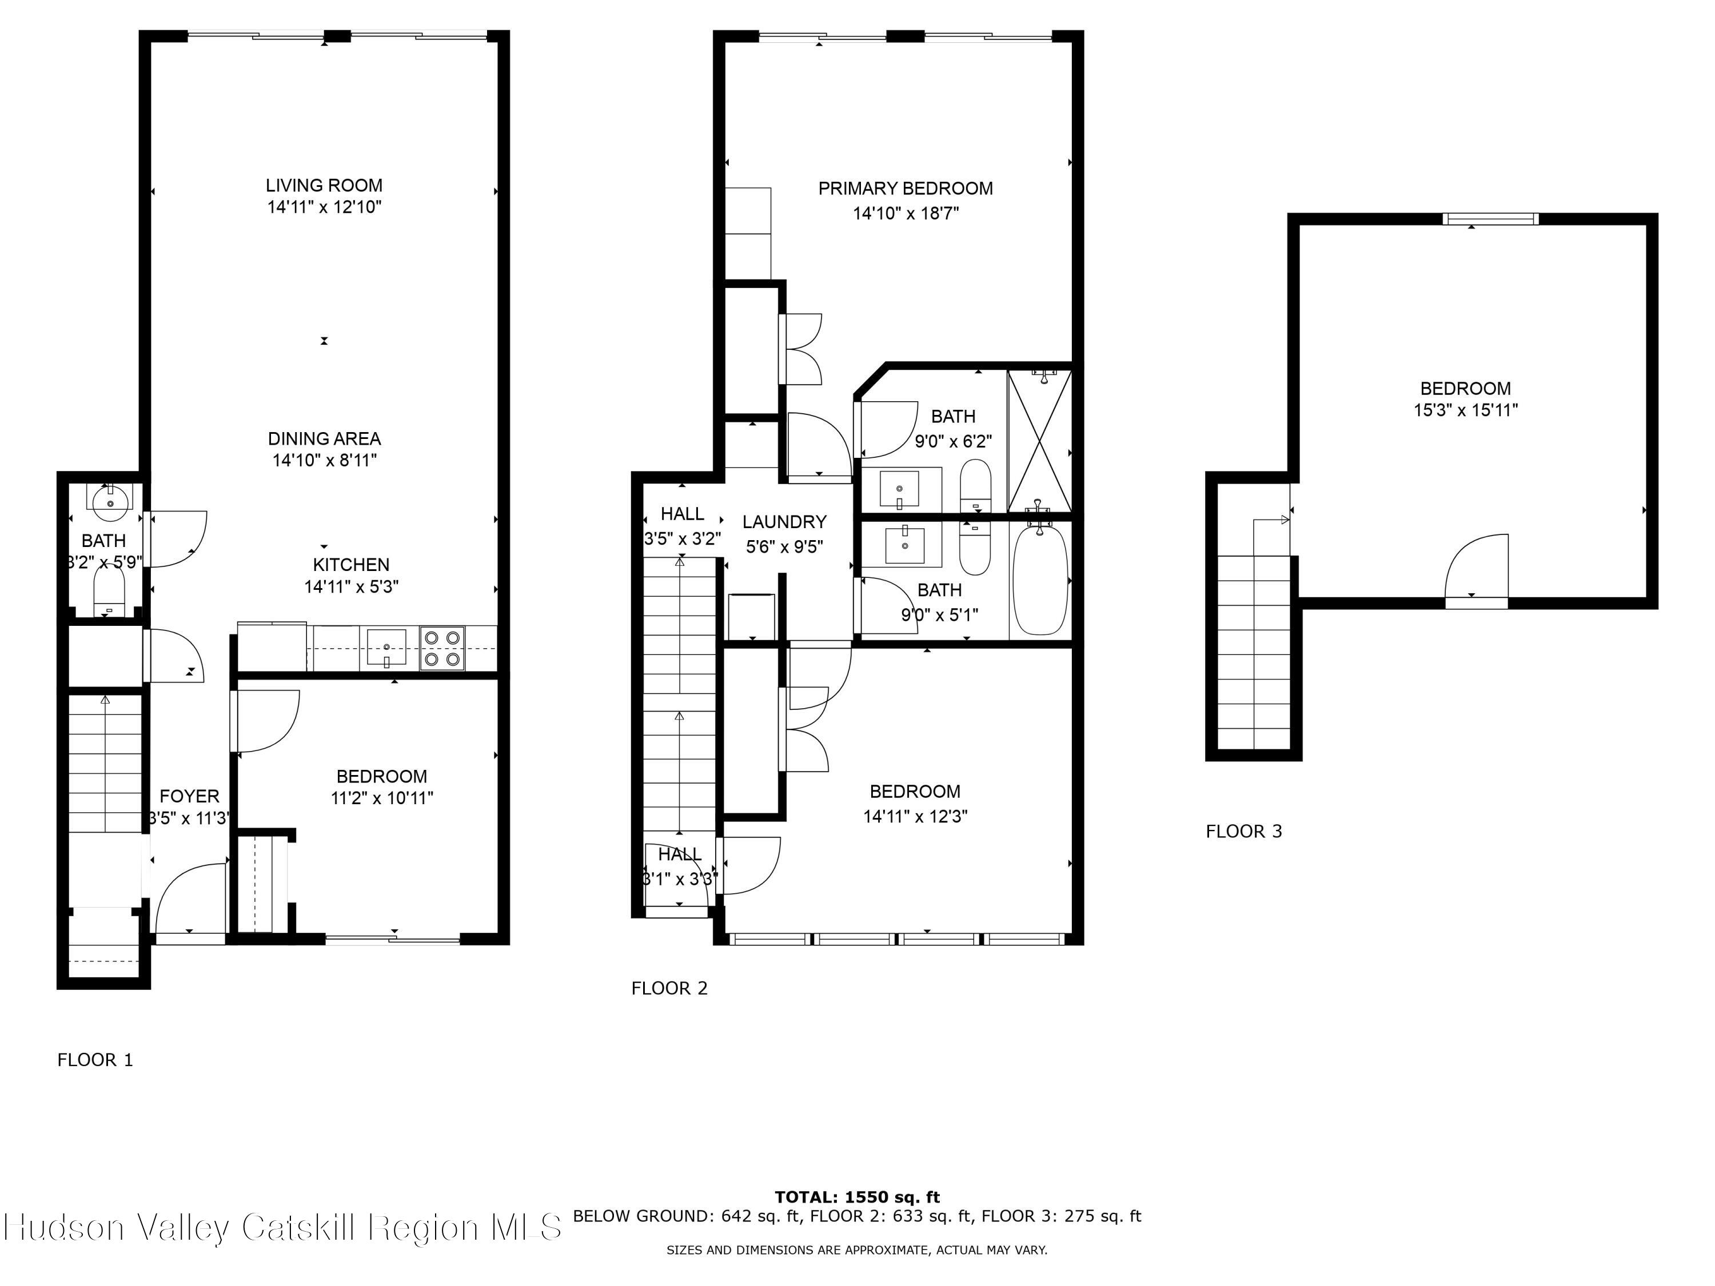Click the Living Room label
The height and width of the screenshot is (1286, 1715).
pyautogui.click(x=324, y=185)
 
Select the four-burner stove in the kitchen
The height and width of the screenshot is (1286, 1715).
pyautogui.click(x=442, y=649)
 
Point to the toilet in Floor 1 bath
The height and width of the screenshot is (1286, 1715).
pyautogui.click(x=109, y=593)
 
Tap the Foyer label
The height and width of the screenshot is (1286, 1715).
pyautogui.click(x=189, y=796)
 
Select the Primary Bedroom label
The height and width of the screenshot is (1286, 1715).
pyautogui.click(x=905, y=189)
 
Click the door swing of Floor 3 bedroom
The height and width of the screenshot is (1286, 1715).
pyautogui.click(x=1477, y=566)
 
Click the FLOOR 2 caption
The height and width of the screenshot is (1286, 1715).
pyautogui.click(x=669, y=988)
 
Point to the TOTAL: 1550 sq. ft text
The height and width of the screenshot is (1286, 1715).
pyautogui.click(x=857, y=1197)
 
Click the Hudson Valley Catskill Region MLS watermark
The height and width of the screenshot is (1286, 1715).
pyautogui.click(x=283, y=1228)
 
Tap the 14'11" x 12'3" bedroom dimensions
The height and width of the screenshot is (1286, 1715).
pyautogui.click(x=915, y=816)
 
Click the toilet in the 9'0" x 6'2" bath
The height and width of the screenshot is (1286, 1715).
pyautogui.click(x=975, y=485)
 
